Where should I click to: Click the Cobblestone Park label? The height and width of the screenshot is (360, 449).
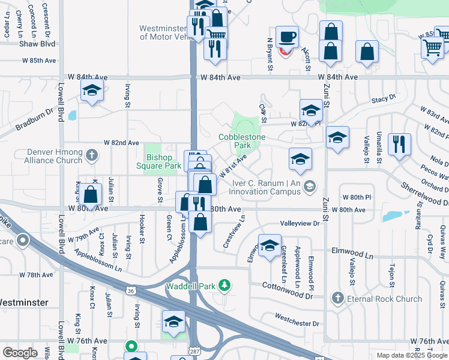point(242,142)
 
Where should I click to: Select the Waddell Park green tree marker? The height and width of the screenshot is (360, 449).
point(224,285)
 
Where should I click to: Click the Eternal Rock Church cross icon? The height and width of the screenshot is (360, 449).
point(338,298)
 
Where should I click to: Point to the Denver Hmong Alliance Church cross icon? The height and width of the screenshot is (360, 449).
point(91,156)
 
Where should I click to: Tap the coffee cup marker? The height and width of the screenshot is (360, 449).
point(287,37)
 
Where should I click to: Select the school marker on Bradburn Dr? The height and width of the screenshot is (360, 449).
point(92,91)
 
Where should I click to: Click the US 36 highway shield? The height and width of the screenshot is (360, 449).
point(139,290)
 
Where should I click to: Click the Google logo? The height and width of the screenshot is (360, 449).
point(20,353)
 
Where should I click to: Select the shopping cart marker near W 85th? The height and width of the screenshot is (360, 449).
point(432,47)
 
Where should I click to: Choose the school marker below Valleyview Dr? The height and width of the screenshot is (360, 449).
point(270,245)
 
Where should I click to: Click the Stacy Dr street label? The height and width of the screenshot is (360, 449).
point(384,98)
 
